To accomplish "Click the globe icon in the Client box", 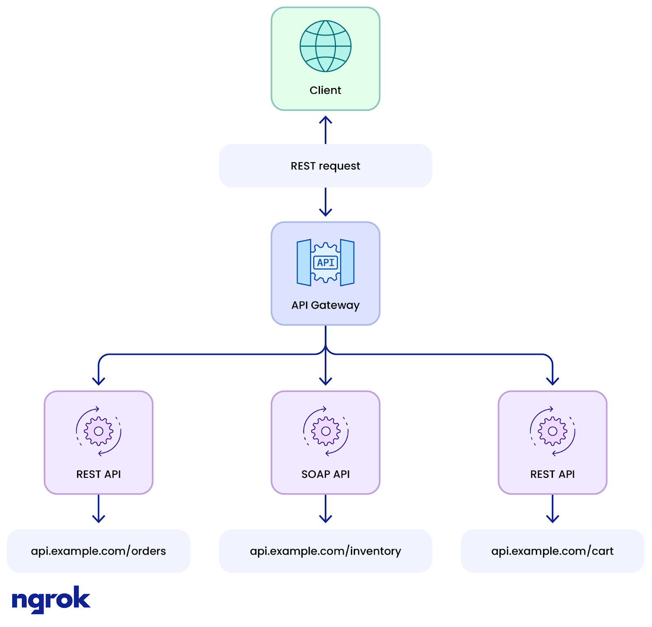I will tap(325, 46).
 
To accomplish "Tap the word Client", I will tap(325, 90).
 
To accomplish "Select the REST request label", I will tap(325, 166).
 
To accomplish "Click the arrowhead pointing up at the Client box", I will tap(325, 120).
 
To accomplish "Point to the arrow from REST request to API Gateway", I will tap(325, 203).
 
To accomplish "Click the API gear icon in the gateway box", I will tap(325, 262).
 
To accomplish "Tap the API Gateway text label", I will tap(325, 305).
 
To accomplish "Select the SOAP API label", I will tap(325, 474).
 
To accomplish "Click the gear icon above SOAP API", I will tap(325, 431).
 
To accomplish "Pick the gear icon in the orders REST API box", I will tap(99, 431).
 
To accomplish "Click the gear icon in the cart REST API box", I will tap(552, 431).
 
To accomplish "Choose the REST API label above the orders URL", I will tap(99, 474).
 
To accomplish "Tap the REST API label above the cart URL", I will tap(552, 474).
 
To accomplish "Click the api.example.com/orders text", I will tap(99, 551).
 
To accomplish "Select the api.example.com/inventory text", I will tap(325, 551).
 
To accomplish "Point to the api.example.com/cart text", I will tap(552, 551).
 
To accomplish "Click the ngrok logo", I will tap(51, 599).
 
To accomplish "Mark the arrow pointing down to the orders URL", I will tap(99, 510).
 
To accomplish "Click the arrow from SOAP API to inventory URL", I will tap(325, 510).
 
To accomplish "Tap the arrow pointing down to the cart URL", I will tap(552, 510).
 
